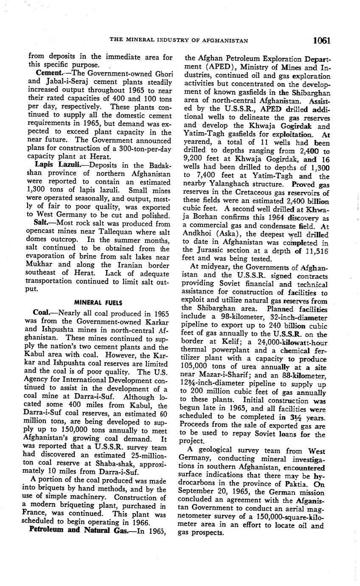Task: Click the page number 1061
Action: coord(322,40)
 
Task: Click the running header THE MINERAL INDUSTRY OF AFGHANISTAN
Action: coord(179,41)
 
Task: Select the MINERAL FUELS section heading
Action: coord(98,303)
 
